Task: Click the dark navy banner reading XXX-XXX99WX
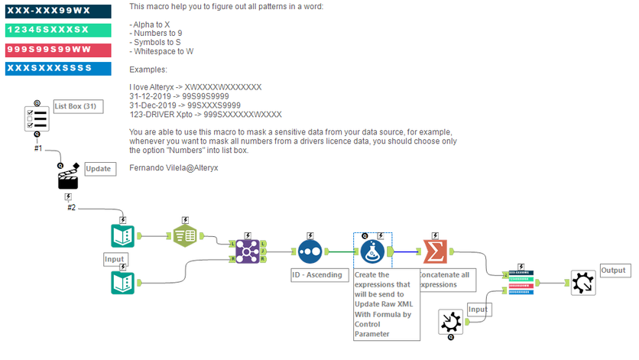(x=57, y=11)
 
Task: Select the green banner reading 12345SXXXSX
(x=57, y=31)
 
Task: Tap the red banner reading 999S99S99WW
(x=57, y=50)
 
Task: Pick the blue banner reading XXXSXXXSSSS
(x=57, y=69)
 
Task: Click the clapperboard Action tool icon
(x=68, y=179)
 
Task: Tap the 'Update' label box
(x=99, y=168)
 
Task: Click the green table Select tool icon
(x=186, y=237)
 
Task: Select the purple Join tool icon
(x=248, y=250)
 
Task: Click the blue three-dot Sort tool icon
(x=310, y=250)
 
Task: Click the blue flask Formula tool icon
(x=372, y=250)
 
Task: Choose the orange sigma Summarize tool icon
(x=434, y=250)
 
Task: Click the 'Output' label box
(x=613, y=271)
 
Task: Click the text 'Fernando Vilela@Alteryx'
(x=173, y=167)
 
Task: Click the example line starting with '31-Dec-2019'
(x=185, y=105)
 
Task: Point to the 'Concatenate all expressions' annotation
(x=446, y=279)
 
